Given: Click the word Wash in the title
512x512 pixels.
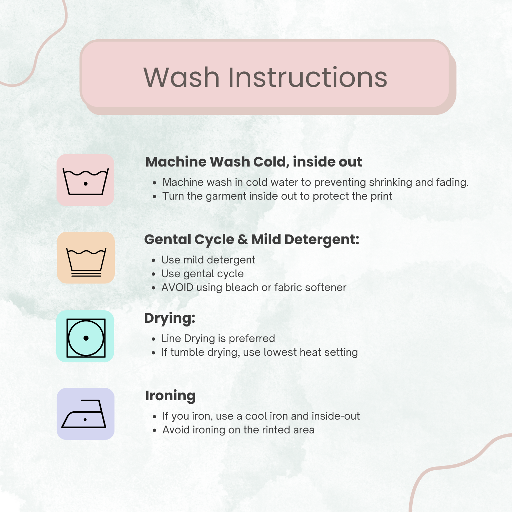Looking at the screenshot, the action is pos(182,77).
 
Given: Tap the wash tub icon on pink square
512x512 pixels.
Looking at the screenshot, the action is pos(86,181).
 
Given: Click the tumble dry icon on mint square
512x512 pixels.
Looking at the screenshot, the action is pos(86,338).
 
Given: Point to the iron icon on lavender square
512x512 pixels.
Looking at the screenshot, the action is pos(84,414).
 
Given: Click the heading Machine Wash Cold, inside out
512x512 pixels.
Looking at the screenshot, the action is pos(254,162).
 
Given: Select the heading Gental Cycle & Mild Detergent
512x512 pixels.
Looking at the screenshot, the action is pos(252,240).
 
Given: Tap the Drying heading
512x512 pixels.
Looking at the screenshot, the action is pos(170,318).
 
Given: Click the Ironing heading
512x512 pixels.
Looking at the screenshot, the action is pos(170,396).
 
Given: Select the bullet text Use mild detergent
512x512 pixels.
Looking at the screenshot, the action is pos(208,260).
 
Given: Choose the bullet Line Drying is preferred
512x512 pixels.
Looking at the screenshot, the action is pos(218,339).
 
